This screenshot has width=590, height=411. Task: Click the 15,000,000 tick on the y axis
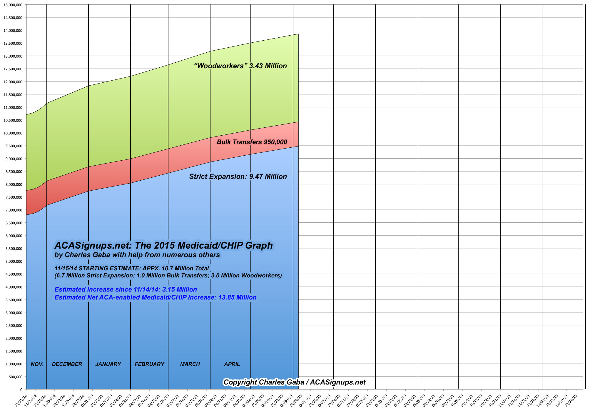pos(13,5)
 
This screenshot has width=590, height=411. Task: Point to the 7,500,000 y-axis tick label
pos(14,197)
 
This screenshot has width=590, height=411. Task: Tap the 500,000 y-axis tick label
pos(15,377)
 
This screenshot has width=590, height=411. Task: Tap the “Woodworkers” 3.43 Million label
pos(240,66)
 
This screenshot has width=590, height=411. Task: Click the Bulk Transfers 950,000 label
pos(252,142)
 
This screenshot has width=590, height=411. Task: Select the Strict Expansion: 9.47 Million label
pos(238,177)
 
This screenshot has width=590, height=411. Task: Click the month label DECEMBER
pos(67,364)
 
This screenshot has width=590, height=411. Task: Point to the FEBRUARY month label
pos(149,364)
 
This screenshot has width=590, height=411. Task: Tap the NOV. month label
pos(37,364)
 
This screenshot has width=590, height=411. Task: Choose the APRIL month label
pos(232,364)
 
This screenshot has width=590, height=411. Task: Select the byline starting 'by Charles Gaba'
pos(137,255)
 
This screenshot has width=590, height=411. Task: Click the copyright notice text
pos(294,382)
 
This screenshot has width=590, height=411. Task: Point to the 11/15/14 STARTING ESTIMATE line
pos(132,268)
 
